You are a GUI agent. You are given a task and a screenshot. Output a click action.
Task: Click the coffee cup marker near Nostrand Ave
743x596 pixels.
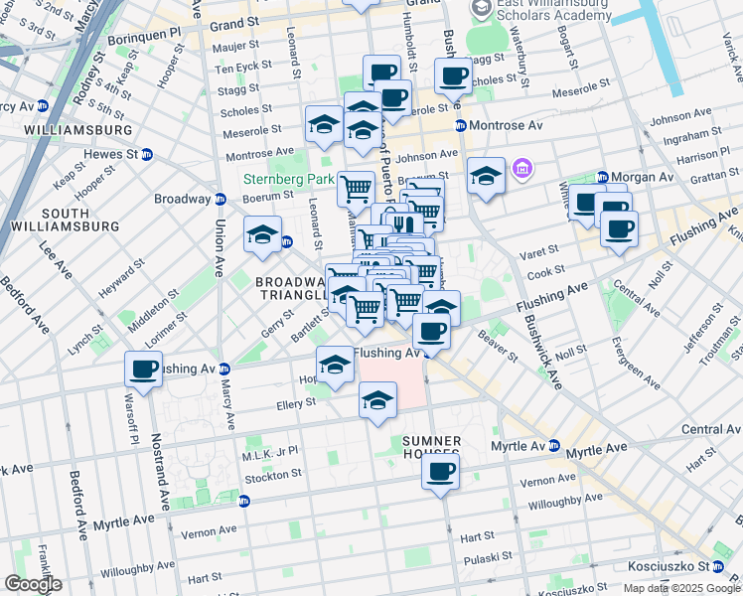point(143,370)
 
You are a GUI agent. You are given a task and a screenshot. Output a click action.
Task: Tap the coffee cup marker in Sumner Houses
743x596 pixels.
point(440,471)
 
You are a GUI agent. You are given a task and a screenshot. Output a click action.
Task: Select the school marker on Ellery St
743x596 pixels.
point(377,401)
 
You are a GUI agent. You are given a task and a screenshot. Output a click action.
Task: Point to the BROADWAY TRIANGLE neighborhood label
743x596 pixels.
point(292,288)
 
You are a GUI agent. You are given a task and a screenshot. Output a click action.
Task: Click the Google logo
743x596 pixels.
point(32,584)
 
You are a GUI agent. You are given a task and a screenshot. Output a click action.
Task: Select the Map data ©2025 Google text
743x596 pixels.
point(681,588)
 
